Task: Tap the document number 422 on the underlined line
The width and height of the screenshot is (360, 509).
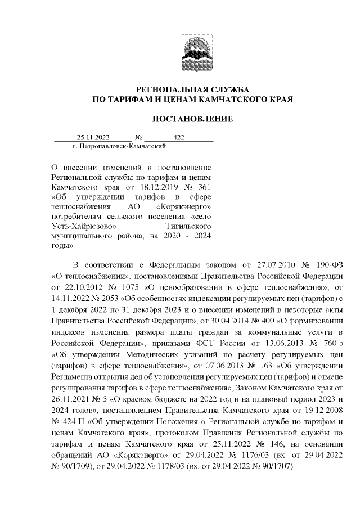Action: click(179, 137)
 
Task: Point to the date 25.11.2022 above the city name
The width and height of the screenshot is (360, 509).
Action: click(93, 137)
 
